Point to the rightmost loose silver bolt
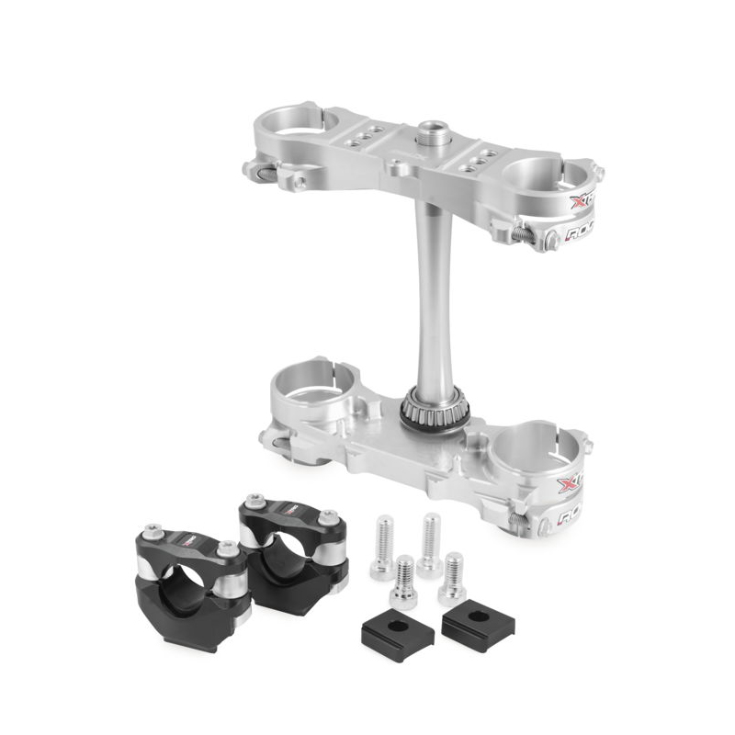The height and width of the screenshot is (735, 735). [x=452, y=578]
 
